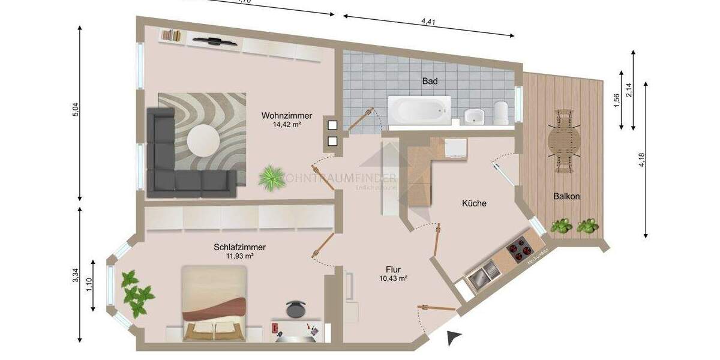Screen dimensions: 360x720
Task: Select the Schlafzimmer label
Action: coord(239,247)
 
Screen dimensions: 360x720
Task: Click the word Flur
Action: coord(394,269)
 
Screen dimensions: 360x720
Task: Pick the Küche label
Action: coord(474,203)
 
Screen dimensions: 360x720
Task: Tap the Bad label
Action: coord(430,80)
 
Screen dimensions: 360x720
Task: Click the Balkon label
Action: coord(567,196)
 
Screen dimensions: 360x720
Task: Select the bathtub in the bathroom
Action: coord(419,110)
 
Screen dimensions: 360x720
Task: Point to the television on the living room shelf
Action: coord(214,41)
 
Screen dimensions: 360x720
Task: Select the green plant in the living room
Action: coord(272,177)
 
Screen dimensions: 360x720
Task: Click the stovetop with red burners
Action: coord(520,249)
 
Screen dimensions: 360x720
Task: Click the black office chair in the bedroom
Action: coord(295,308)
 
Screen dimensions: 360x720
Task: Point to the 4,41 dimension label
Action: coord(428,22)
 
